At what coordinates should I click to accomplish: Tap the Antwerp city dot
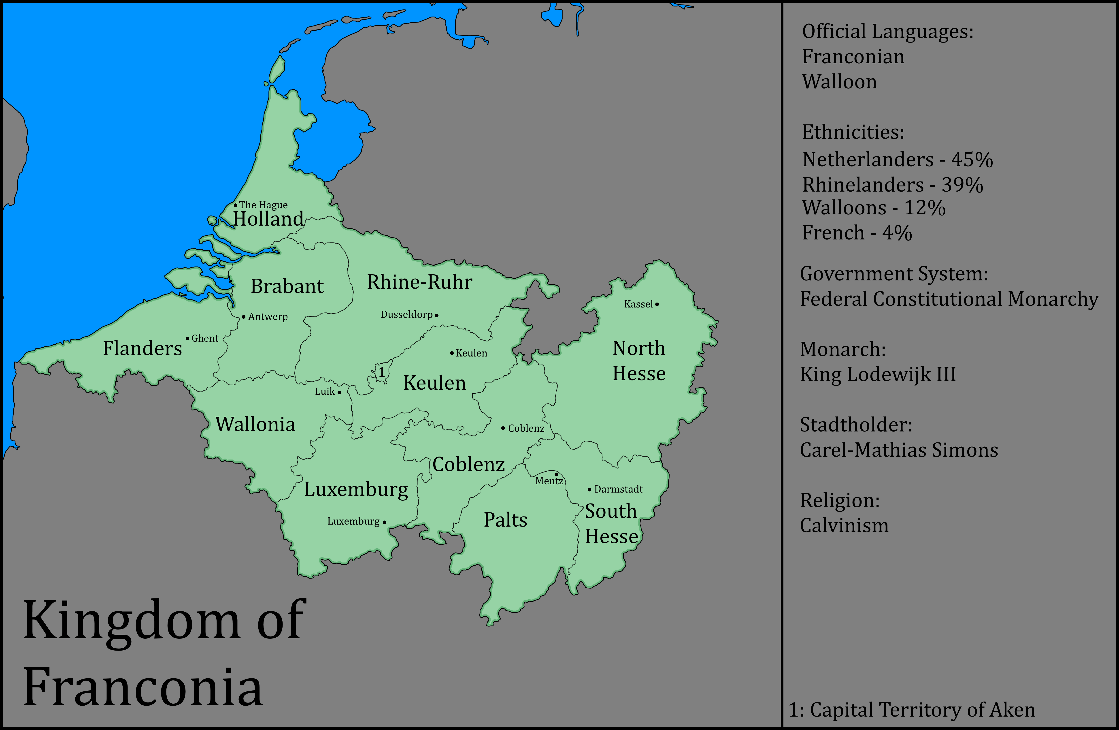[244, 317]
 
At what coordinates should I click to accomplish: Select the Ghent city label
[205, 338]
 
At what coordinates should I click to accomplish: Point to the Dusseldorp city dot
[437, 315]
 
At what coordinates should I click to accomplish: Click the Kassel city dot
[657, 304]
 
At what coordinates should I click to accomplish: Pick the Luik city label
[325, 391]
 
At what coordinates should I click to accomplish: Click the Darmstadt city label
[618, 489]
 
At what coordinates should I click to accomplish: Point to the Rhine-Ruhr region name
[419, 282]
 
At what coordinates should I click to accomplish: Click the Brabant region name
[287, 286]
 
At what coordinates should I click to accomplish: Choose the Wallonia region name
[255, 424]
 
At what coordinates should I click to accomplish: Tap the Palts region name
[505, 520]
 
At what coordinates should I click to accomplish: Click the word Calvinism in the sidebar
[845, 525]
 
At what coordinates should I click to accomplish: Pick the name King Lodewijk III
[878, 374]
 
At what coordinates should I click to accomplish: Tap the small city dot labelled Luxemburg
[385, 522]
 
